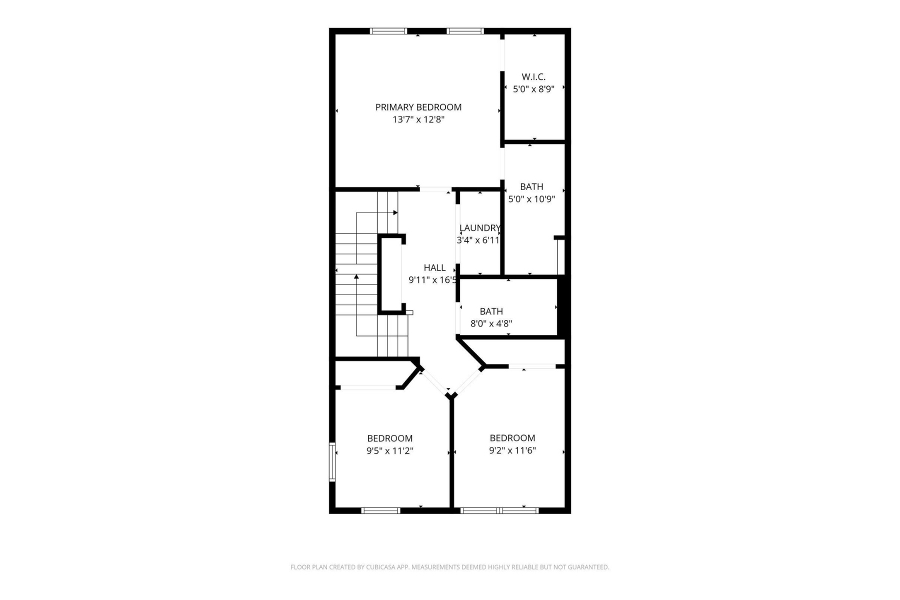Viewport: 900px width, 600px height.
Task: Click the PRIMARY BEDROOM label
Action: (418, 107)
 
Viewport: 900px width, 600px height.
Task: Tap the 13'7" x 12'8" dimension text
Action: (418, 119)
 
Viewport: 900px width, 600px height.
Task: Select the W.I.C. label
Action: (533, 77)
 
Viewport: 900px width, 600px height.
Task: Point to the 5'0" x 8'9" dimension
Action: (533, 89)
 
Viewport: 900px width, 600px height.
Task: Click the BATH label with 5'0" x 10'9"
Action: (531, 186)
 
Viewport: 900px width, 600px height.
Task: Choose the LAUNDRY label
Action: (479, 228)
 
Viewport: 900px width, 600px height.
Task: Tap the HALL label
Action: (434, 267)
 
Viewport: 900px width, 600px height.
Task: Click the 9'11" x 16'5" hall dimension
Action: (432, 280)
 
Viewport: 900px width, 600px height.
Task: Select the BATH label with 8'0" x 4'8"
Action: (491, 311)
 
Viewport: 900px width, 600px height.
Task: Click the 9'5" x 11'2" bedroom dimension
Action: (389, 451)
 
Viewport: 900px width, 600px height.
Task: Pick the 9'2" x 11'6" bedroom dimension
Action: (512, 450)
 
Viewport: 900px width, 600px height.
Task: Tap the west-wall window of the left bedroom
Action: (332, 461)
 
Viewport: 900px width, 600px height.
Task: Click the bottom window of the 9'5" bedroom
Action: (380, 510)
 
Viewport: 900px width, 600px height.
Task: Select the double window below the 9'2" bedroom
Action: (499, 510)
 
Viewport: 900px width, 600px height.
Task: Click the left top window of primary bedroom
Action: (388, 31)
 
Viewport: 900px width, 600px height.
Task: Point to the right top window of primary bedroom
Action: (465, 31)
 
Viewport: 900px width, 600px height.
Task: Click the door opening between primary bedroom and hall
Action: (435, 189)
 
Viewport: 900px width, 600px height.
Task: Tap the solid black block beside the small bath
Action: (563, 307)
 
